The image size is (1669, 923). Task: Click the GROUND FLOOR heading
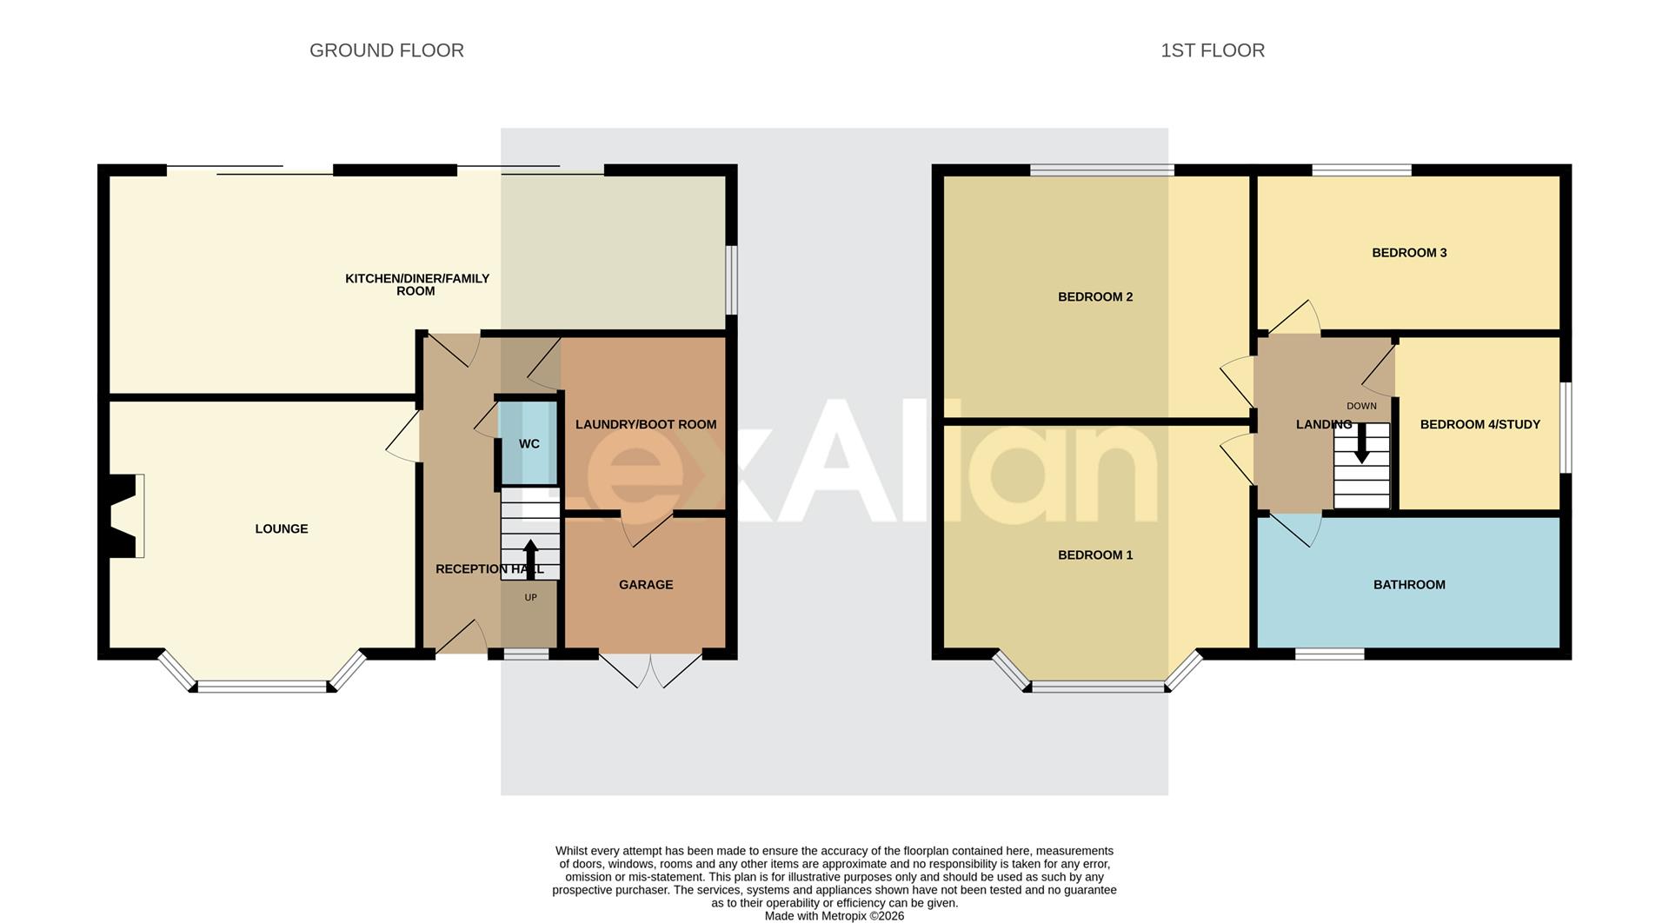point(386,50)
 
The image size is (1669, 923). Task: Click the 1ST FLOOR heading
point(1212,50)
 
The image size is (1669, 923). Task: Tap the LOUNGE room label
point(281,528)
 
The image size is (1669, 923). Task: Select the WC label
point(529,444)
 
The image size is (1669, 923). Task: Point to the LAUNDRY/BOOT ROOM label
point(645,425)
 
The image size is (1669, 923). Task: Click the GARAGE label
point(645,585)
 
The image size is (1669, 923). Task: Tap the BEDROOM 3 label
point(1408,253)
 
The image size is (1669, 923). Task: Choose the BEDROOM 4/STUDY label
point(1479,425)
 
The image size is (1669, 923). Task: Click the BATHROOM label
point(1408,585)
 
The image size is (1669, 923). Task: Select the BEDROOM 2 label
point(1094,297)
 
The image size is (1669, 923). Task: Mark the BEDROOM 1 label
point(1094,555)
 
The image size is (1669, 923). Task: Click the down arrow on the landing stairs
point(1361,442)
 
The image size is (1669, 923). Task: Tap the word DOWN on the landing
point(1361,406)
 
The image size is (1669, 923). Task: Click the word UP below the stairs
point(530,597)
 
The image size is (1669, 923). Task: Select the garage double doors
point(650,670)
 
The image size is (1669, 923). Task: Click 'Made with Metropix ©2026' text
point(834,916)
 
